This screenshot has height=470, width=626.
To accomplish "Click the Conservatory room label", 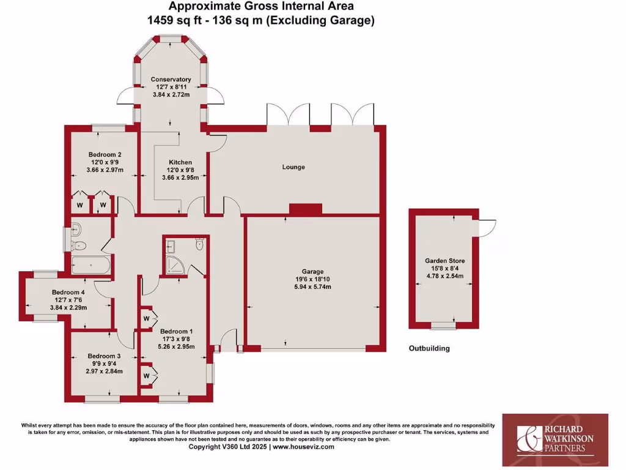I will [x=171, y=80].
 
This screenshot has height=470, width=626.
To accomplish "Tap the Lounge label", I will [x=293, y=167].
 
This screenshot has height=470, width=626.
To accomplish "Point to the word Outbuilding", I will [x=429, y=348].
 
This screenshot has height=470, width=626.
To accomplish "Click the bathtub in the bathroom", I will [x=91, y=266].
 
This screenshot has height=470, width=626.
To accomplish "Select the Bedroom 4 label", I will [x=68, y=293].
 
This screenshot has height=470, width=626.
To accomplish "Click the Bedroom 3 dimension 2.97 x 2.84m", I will [x=104, y=371].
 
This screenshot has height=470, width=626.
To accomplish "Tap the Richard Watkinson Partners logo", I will [x=555, y=436].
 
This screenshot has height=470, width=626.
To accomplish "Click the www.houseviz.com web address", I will [x=303, y=447].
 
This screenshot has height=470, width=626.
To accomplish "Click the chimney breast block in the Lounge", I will [x=305, y=209].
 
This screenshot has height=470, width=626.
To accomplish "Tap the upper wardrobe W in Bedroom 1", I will [x=147, y=319].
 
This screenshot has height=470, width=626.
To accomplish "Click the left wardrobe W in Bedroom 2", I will [x=79, y=204].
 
